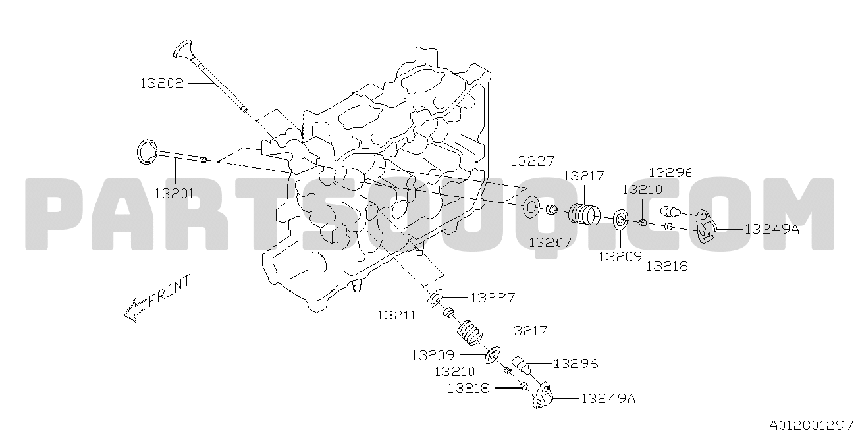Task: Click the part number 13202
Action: (x=162, y=83)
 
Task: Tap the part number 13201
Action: (x=174, y=194)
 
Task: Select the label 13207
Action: (x=550, y=242)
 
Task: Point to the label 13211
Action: (x=396, y=315)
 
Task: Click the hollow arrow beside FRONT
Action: (x=136, y=309)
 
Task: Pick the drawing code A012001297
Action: (x=813, y=424)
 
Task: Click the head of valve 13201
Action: (x=147, y=152)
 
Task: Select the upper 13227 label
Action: (x=533, y=161)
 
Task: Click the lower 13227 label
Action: (x=493, y=298)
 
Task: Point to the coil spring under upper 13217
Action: (x=584, y=215)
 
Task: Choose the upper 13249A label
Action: (x=772, y=229)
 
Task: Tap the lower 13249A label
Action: (x=608, y=399)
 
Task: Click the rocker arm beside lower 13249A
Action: (x=543, y=395)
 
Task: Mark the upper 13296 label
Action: (x=671, y=173)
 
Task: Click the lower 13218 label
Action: (x=468, y=388)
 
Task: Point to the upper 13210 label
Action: (x=642, y=189)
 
